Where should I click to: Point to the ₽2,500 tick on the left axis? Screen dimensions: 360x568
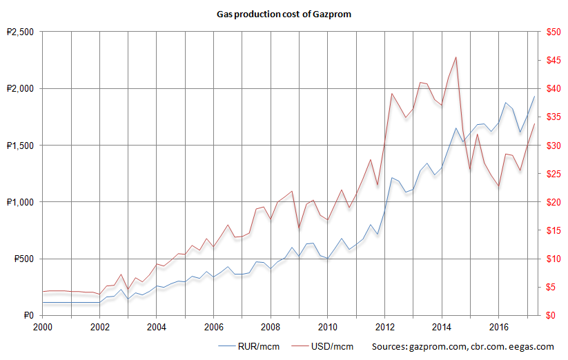click(19, 32)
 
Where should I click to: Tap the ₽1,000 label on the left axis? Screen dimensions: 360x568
click(19, 202)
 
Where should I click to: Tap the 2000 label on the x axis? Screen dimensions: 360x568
click(43, 326)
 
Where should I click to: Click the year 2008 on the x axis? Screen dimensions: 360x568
click(271, 326)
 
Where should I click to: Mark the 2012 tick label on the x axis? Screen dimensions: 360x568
click(384, 326)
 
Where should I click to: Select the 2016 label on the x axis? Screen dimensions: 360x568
click(498, 326)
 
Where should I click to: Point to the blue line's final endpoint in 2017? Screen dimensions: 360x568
click(534, 97)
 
